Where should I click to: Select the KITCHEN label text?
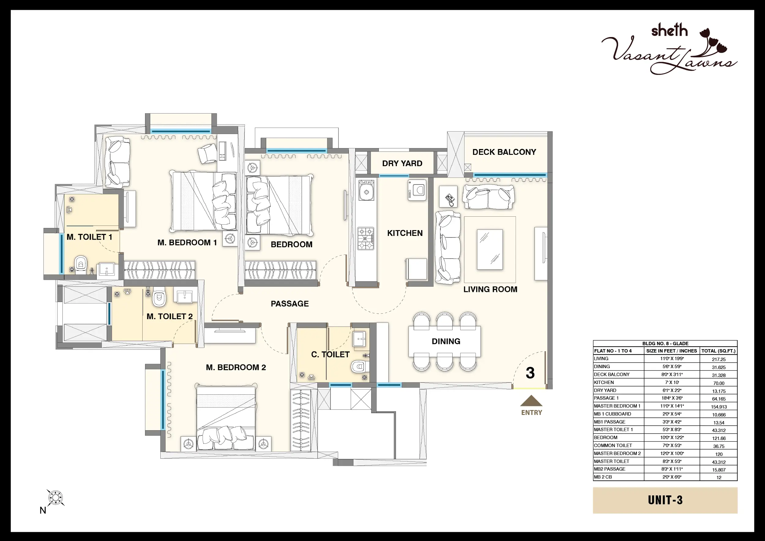(405, 233)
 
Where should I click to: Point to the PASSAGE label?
(289, 304)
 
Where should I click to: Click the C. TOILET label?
(330, 354)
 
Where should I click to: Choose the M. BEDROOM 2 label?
(236, 368)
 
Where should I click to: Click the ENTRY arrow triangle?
(531, 401)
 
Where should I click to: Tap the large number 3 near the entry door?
(530, 373)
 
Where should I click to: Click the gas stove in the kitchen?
(365, 238)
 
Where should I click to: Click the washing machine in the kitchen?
(417, 190)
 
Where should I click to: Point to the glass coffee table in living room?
(490, 249)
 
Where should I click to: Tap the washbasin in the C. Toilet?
(359, 339)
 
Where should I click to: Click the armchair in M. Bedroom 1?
(207, 153)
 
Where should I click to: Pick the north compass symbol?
(55, 498)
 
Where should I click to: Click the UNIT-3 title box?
(665, 500)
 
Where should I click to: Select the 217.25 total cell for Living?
(719, 360)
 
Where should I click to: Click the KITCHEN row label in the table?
(604, 382)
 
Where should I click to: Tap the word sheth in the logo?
(670, 30)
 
